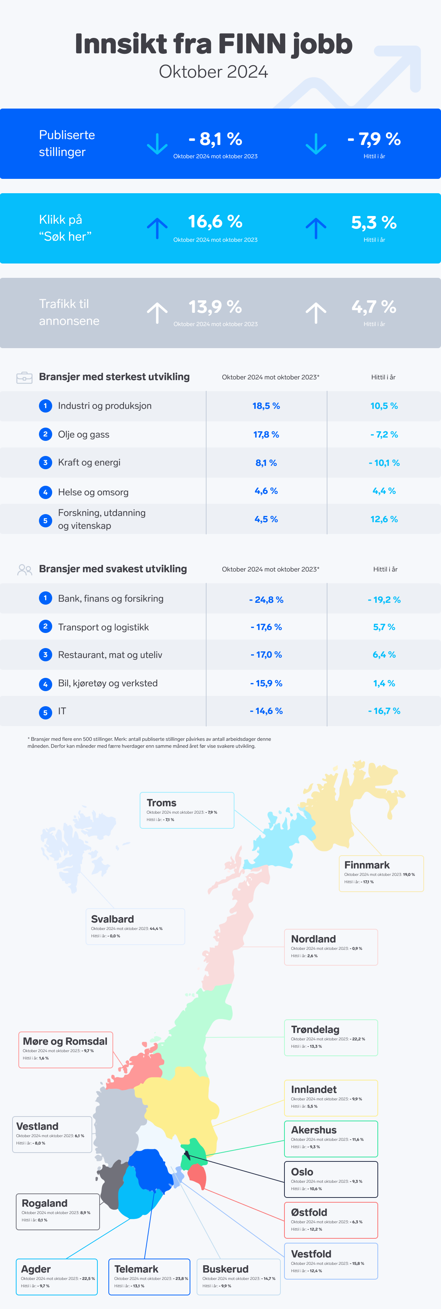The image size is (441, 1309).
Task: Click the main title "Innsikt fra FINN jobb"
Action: [213, 44]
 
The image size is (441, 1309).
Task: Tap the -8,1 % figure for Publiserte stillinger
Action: [215, 139]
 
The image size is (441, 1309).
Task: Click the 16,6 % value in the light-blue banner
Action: [215, 222]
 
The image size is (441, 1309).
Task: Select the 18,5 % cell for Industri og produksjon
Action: [266, 406]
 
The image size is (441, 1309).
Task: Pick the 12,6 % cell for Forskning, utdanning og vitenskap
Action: [384, 519]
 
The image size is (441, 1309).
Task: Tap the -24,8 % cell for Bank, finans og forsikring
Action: [266, 599]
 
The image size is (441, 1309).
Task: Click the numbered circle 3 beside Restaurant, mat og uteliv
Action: [45, 655]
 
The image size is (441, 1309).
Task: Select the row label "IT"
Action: [62, 711]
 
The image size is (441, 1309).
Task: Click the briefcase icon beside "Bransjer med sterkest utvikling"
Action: [24, 378]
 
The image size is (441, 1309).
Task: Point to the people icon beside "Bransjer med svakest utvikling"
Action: [24, 570]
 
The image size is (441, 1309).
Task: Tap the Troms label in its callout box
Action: [161, 803]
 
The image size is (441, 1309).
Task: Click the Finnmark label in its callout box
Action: [366, 865]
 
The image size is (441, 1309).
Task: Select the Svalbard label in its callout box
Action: [112, 919]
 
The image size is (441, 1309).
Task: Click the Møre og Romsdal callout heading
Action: [65, 1041]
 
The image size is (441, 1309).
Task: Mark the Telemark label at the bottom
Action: [136, 1269]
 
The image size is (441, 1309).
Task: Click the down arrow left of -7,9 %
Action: [316, 144]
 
